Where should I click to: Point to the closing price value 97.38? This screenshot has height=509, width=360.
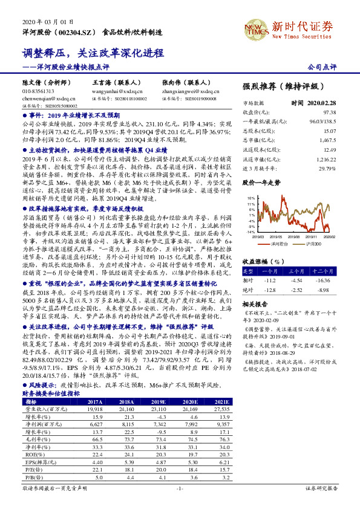pyautogui.click(x=329, y=112)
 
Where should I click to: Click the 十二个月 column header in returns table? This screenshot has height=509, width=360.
pyautogui.click(x=324, y=271)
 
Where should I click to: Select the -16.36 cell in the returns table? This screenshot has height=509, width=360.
pyautogui.click(x=325, y=280)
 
